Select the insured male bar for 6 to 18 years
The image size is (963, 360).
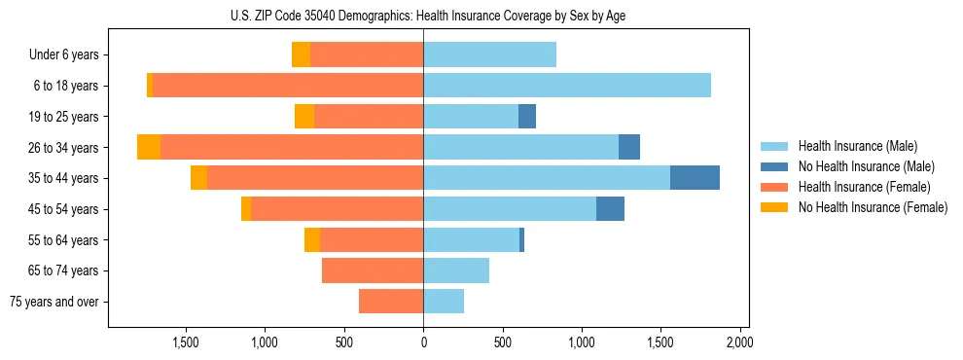(567, 86)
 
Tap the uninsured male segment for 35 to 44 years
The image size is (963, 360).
(695, 178)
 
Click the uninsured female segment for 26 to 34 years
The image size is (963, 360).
(149, 147)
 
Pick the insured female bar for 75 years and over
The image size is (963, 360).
(391, 302)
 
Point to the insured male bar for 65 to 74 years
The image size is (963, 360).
(456, 270)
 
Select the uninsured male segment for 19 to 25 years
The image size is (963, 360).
(527, 117)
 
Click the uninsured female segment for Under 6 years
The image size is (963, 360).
(301, 54)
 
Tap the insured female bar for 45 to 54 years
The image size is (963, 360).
(337, 209)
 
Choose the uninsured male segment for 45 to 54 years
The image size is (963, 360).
(610, 209)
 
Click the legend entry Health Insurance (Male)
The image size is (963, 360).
(857, 146)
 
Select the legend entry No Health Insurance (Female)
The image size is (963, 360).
(873, 207)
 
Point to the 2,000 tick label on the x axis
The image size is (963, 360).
(739, 342)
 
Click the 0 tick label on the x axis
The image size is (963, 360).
(423, 342)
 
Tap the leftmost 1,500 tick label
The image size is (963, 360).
(186, 342)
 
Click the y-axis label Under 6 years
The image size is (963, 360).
(64, 55)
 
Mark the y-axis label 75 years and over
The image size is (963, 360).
(54, 302)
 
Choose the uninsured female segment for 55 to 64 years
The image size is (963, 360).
(312, 240)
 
